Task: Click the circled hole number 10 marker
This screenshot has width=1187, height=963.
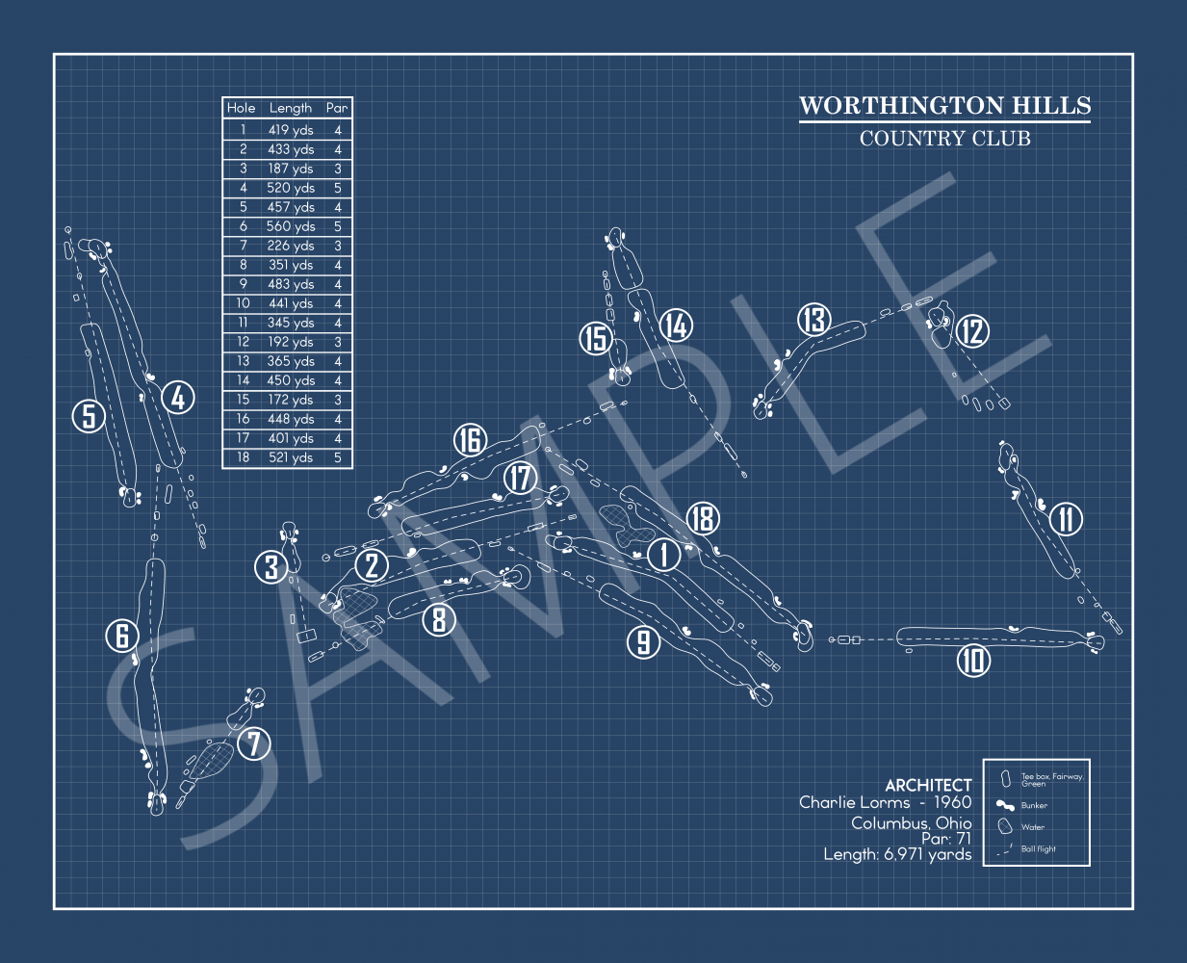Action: point(974,661)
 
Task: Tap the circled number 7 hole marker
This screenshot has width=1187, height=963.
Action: point(254,743)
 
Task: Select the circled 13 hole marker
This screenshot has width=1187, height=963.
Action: point(814,320)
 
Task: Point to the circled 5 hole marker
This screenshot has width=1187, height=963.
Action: point(89,416)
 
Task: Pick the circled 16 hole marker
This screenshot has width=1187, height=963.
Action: point(470,440)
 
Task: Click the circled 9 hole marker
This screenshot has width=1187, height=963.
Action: point(644,641)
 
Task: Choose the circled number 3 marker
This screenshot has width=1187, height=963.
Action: point(271,567)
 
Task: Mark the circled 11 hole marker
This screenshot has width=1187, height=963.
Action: point(1067,519)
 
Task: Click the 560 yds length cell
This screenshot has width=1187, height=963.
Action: point(291,226)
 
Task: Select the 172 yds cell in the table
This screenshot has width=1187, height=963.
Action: point(291,400)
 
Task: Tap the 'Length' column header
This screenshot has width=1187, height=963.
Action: point(291,108)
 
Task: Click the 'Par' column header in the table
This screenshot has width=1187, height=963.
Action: point(337,108)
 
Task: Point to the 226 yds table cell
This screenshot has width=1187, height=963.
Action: point(291,246)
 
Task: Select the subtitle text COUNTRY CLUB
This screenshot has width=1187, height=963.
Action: point(944,139)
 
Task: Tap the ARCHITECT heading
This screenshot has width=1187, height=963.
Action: point(928,786)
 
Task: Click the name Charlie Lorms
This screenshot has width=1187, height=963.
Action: point(854,802)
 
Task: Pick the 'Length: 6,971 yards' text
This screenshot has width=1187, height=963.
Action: point(897,854)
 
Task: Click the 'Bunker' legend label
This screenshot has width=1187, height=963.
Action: point(1034,806)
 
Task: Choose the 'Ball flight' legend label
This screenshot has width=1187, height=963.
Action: point(1039,849)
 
